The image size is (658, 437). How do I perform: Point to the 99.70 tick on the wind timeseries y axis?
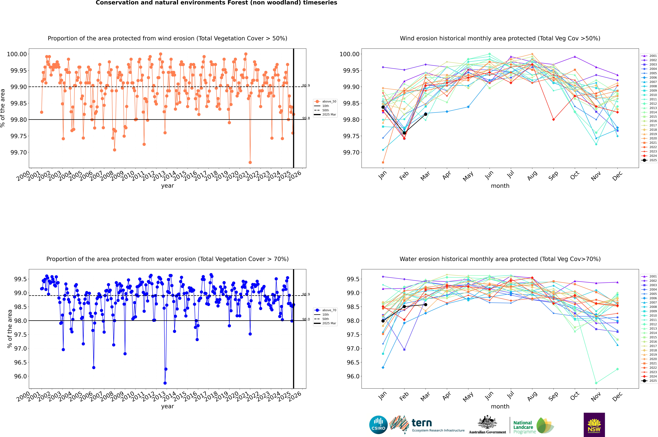click(x=18, y=152)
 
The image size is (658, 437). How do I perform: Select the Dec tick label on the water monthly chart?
click(x=617, y=396)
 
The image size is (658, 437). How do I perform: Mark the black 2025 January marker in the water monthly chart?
click(x=383, y=321)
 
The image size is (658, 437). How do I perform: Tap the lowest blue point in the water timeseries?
click(x=165, y=383)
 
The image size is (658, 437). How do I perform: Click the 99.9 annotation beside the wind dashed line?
click(x=306, y=86)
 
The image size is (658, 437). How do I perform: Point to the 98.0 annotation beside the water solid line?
click(x=306, y=319)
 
